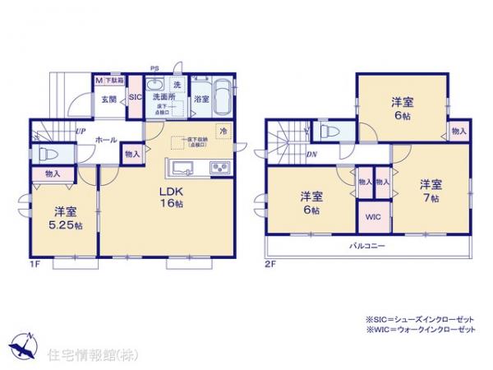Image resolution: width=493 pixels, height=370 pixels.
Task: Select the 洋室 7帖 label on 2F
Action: pyautogui.click(x=431, y=191)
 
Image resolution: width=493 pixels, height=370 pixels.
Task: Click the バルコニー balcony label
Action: pyautogui.click(x=365, y=246)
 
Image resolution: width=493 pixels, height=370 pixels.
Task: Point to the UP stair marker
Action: pyautogui.click(x=81, y=131)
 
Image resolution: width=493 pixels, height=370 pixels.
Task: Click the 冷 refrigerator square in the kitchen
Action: pyautogui.click(x=223, y=131)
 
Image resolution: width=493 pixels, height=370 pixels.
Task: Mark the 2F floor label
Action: pyautogui.click(x=271, y=262)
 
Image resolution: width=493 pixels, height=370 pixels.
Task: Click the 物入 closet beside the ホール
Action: pyautogui.click(x=132, y=153)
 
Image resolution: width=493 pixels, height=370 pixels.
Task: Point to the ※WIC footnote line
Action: pyautogui.click(x=420, y=329)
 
